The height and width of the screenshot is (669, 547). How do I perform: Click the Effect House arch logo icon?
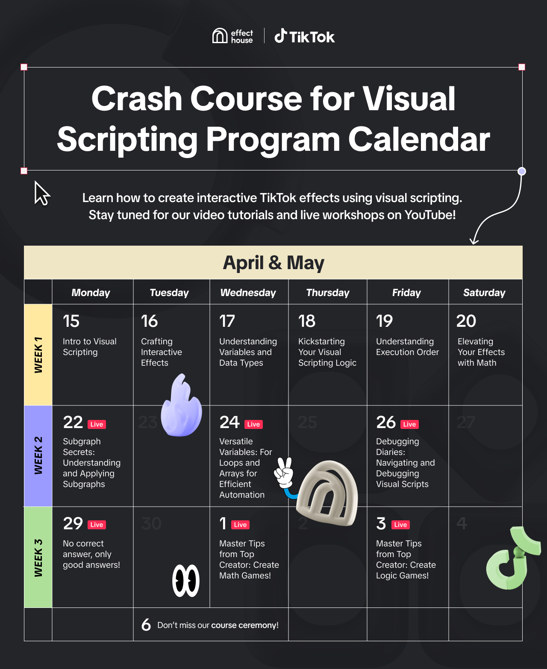coord(220,35)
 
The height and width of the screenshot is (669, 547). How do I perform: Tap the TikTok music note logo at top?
coord(280,35)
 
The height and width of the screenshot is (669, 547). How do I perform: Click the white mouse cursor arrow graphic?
coord(42,193)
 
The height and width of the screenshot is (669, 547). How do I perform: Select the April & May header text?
coord(273,263)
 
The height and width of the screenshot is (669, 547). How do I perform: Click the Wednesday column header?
coord(248,293)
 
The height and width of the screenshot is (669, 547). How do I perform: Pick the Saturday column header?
coord(484,293)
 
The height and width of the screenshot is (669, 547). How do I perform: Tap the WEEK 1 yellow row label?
coord(38,355)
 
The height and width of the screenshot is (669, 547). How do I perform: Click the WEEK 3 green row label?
coord(38,557)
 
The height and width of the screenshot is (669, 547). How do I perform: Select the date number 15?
coord(71,321)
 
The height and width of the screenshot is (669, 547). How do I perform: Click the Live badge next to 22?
coord(97,425)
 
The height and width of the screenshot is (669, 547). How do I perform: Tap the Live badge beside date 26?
coord(410,425)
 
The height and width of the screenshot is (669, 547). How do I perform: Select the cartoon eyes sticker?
coord(186,581)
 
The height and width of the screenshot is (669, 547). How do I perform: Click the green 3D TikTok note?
coord(512,558)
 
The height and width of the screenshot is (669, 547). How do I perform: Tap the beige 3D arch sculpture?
coord(327,493)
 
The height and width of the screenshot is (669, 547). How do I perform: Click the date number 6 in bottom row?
coord(146,625)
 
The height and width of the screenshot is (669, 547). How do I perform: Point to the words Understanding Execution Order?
coord(407,347)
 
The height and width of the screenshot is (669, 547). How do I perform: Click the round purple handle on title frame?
coord(522,171)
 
